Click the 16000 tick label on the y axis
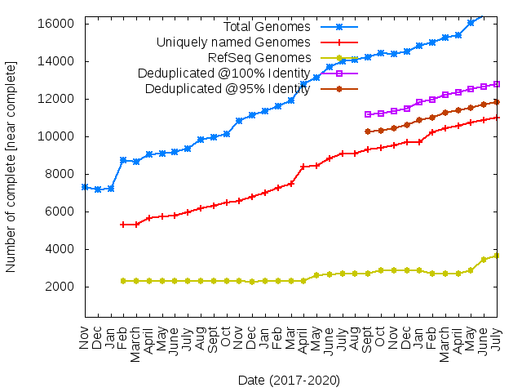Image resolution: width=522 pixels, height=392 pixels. point(60,24)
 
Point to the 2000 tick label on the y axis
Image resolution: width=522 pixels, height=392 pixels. point(64,287)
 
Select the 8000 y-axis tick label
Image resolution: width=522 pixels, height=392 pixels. point(64,174)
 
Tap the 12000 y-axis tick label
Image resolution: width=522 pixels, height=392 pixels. point(60,99)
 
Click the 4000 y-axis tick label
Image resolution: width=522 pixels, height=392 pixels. point(64,249)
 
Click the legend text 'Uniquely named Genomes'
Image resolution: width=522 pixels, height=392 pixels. point(233,42)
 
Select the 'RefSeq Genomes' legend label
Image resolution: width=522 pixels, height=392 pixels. point(259,58)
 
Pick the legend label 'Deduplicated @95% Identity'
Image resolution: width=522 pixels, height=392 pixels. point(228,89)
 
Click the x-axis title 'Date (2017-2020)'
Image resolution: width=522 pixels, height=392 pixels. point(289,380)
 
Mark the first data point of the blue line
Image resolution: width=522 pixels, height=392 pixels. point(85,187)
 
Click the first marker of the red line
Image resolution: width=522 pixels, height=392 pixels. point(123,225)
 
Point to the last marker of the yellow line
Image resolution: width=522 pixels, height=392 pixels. point(497,256)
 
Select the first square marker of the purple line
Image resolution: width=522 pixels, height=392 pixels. point(368,114)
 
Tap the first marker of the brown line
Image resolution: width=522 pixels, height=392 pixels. point(368,131)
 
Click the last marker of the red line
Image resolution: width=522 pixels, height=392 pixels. point(497,118)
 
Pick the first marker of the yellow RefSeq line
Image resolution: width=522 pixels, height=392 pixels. point(123,281)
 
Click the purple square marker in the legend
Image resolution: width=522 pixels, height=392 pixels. point(339,73)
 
